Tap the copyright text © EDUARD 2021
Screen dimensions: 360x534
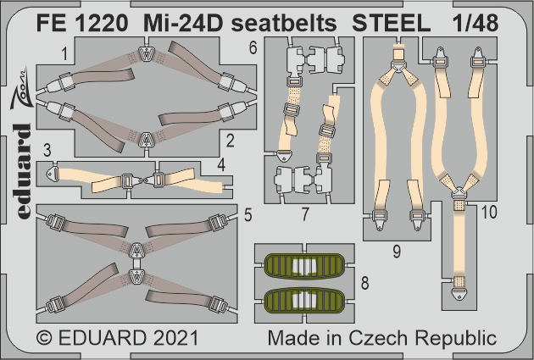pyautogui.click(x=118, y=338)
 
